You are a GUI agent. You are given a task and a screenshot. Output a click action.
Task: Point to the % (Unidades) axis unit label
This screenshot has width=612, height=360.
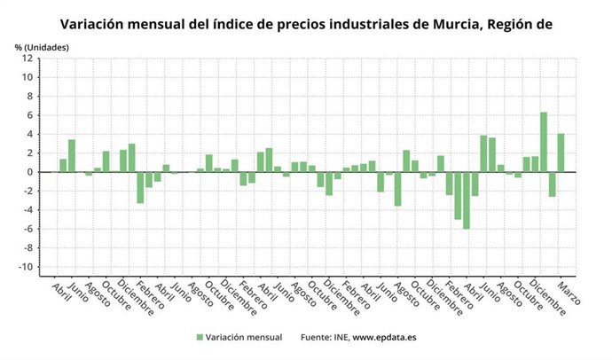click(x=42, y=46)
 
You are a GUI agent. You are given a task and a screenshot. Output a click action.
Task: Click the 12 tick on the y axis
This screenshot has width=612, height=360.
click(x=28, y=59)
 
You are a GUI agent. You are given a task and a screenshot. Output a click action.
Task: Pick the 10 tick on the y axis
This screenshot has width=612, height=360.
click(x=28, y=77)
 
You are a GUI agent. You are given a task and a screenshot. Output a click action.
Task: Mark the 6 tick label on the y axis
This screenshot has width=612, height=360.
click(x=30, y=115)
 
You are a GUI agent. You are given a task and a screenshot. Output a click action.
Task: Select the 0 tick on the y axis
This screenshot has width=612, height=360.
click(x=30, y=172)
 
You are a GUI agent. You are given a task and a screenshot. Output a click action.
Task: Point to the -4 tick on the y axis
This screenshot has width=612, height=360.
click(x=28, y=210)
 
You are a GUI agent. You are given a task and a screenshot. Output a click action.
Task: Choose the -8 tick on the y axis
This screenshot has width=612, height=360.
click(x=28, y=248)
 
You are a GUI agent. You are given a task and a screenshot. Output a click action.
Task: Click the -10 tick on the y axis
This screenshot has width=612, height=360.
click(x=27, y=267)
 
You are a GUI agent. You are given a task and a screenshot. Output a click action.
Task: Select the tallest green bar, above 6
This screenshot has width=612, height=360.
click(x=543, y=142)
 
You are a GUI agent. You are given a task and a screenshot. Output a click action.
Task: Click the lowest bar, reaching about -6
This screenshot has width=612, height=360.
click(x=467, y=200)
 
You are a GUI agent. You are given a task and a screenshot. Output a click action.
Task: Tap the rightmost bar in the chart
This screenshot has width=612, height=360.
click(x=561, y=153)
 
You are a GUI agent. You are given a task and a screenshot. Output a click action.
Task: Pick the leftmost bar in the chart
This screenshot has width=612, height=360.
click(x=63, y=166)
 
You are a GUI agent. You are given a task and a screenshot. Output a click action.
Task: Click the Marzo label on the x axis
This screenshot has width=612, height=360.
click(x=569, y=293)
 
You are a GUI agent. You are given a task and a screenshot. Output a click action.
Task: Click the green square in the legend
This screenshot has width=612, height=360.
click(x=199, y=337)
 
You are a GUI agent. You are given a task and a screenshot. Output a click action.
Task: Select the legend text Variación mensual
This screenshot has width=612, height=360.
click(x=244, y=337)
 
